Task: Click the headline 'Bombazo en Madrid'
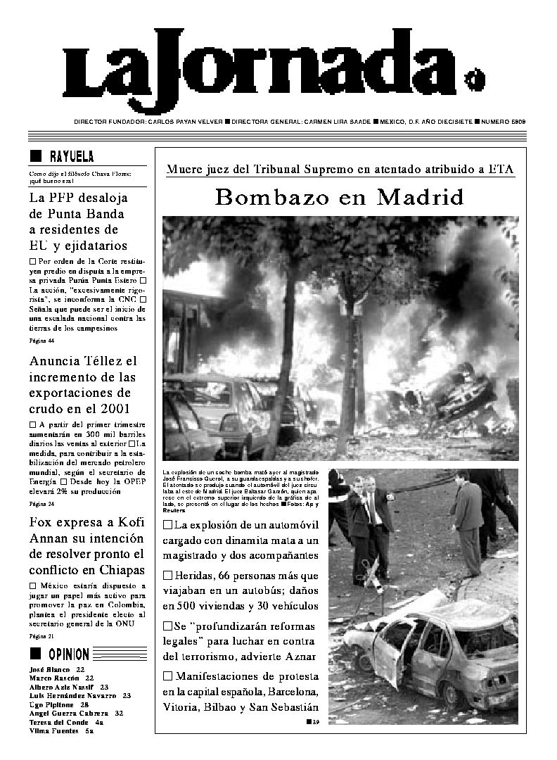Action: [339, 198]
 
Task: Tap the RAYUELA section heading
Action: [71, 156]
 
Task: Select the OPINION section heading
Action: [68, 654]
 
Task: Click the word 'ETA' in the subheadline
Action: [501, 169]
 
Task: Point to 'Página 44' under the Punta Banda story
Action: [41, 341]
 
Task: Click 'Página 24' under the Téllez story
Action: [41, 505]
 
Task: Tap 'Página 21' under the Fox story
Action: [41, 636]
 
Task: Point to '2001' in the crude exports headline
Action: [111, 409]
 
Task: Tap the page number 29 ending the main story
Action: [316, 722]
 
